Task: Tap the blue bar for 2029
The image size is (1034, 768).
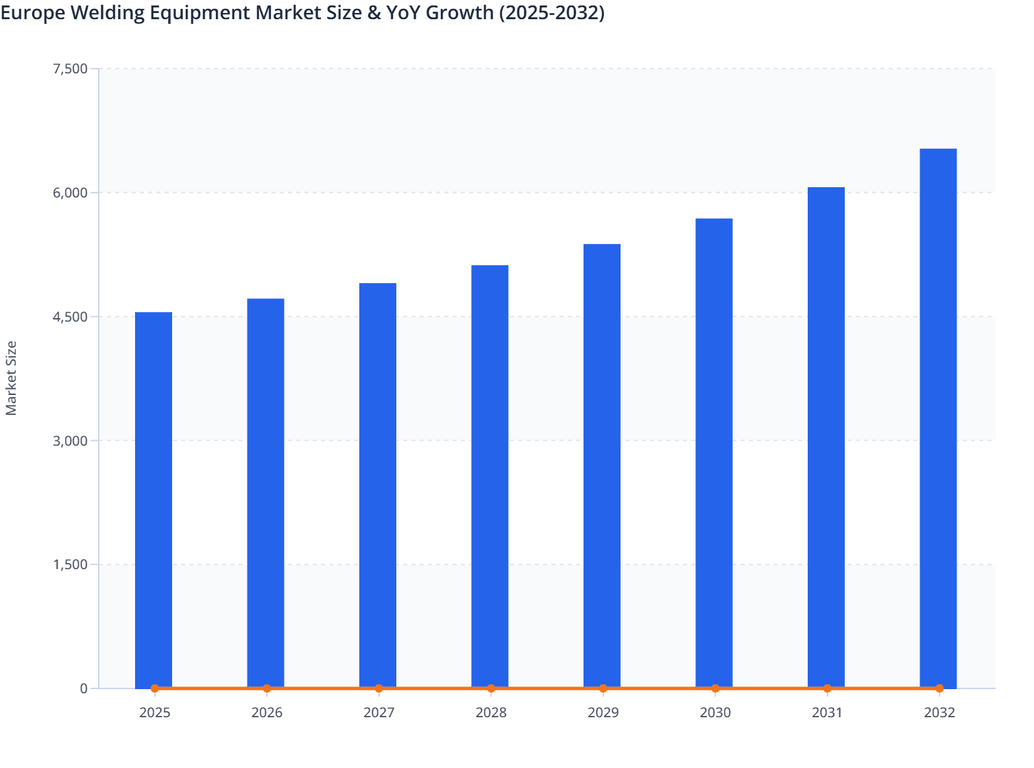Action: point(602,466)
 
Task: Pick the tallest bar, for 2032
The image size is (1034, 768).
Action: point(938,418)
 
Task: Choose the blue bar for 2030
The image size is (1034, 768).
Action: point(714,453)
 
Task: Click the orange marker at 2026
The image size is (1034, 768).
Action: point(267,688)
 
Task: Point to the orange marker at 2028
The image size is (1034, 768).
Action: point(491,688)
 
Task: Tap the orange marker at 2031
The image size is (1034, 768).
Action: point(827,688)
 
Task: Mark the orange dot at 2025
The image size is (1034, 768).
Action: point(155,688)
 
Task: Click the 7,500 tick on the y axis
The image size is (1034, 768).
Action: point(70,69)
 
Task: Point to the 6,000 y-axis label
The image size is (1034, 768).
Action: point(70,193)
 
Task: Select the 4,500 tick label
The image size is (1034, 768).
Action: point(70,317)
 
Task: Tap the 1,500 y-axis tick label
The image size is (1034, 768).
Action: point(70,564)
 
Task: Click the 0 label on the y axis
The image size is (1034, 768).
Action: point(84,688)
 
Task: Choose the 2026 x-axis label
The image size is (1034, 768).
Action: point(267,712)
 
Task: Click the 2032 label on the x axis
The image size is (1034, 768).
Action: point(939,712)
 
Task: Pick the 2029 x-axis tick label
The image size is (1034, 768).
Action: point(603,712)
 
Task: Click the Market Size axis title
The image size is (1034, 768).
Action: point(11,378)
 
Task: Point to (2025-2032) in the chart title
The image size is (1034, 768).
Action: point(551,12)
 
